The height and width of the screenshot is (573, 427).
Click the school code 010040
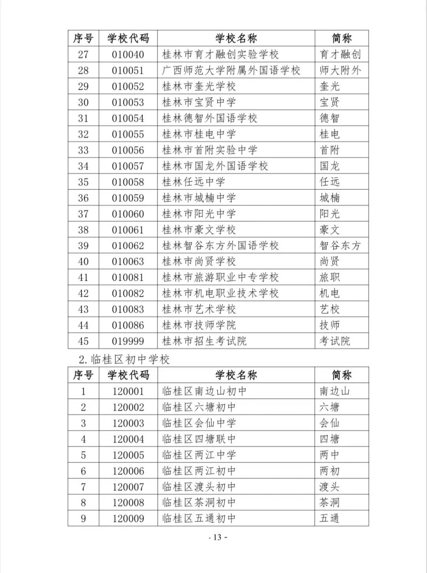pyautogui.click(x=128, y=55)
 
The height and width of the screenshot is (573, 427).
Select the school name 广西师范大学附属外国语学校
pyautogui.click(x=231, y=70)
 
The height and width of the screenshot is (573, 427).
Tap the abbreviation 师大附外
pyautogui.click(x=340, y=70)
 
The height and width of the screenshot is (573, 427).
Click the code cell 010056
pyautogui.click(x=128, y=150)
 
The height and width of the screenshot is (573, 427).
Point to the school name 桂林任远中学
pyautogui.click(x=193, y=182)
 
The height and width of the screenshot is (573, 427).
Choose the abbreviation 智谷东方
pyautogui.click(x=340, y=245)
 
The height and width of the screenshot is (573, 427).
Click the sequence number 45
pyautogui.click(x=83, y=341)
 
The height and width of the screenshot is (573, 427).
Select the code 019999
pyautogui.click(x=128, y=341)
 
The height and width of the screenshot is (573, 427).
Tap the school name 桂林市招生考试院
pyautogui.click(x=204, y=341)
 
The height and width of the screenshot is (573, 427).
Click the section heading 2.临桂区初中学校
pyautogui.click(x=124, y=359)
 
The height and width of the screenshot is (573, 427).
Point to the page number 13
pyautogui.click(x=218, y=537)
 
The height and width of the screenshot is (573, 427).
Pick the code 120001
pyautogui.click(x=128, y=391)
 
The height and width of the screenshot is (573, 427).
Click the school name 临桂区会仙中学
pyautogui.click(x=199, y=423)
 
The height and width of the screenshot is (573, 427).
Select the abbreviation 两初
pyautogui.click(x=329, y=471)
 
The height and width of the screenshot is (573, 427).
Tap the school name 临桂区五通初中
pyautogui.click(x=199, y=518)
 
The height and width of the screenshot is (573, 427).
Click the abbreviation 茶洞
pyautogui.click(x=329, y=503)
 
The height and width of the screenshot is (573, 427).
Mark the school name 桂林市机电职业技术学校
pyautogui.click(x=220, y=293)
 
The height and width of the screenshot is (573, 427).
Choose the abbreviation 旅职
pyautogui.click(x=329, y=277)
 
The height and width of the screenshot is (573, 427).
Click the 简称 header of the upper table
pyautogui.click(x=342, y=38)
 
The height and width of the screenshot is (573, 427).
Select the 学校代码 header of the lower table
pyautogui.click(x=128, y=375)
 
